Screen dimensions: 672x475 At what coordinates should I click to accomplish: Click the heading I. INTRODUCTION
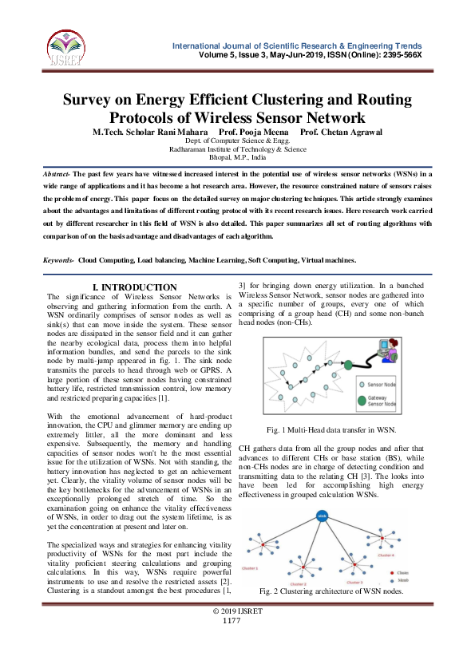coord(136,287)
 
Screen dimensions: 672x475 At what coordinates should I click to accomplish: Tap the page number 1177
coord(232,620)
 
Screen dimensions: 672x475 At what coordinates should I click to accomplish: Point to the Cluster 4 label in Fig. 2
coord(386,555)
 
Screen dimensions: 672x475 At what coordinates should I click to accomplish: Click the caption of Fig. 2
coord(332,591)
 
